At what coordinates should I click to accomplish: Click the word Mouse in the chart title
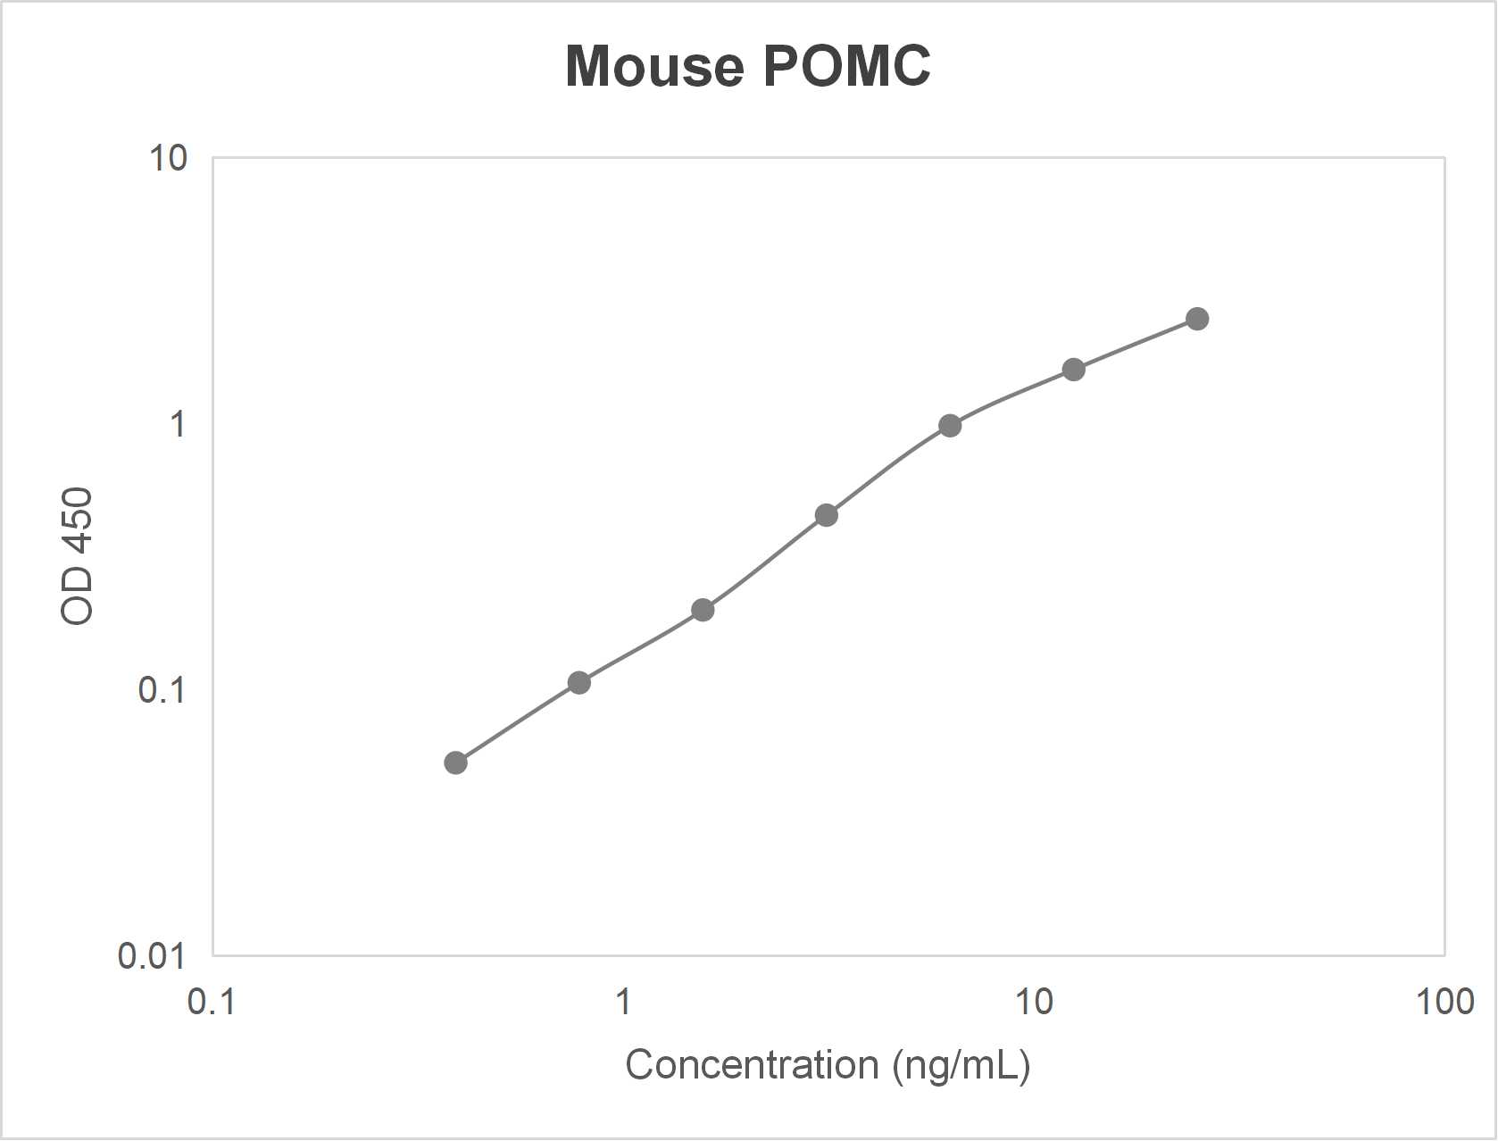654,66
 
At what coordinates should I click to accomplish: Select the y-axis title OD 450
77,556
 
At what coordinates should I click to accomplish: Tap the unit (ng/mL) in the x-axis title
961,1065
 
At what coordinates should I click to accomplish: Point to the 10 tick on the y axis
168,158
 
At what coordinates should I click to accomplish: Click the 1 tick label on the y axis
178,424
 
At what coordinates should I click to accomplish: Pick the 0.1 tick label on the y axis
162,690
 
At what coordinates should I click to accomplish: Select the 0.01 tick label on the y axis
152,956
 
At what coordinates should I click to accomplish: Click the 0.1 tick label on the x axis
212,1003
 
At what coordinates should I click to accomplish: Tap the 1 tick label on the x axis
623,1003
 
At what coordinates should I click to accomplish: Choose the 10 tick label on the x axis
1034,1003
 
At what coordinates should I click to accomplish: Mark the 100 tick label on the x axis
1444,1003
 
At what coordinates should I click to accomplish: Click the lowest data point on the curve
455,762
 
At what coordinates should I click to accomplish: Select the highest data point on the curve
1197,319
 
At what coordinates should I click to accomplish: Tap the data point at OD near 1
950,425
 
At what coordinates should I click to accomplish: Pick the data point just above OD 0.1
578,683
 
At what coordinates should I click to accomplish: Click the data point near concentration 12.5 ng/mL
1073,370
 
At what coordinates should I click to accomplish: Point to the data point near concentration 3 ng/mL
826,515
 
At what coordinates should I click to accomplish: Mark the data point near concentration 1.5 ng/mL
703,611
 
